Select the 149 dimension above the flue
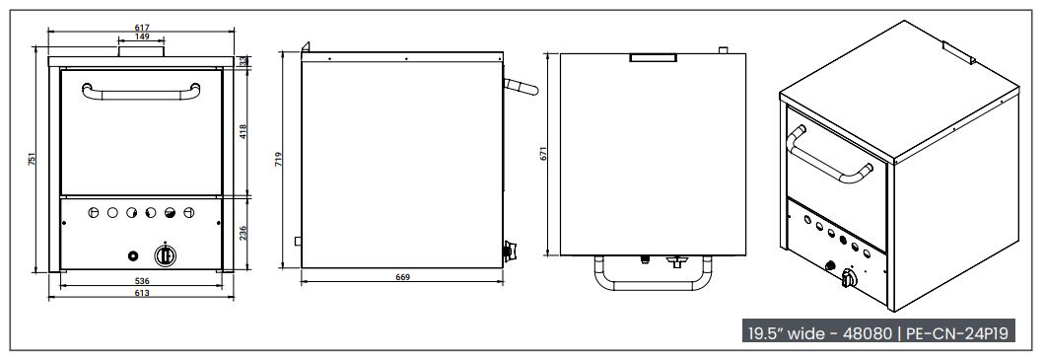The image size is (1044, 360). click(142, 36)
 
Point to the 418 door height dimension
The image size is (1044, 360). click(244, 130)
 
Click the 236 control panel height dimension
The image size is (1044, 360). click(244, 232)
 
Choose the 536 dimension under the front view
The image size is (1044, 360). click(142, 282)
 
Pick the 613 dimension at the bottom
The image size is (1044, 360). click(142, 293)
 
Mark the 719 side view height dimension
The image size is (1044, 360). click(279, 160)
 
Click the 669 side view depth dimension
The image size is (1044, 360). click(402, 277)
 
